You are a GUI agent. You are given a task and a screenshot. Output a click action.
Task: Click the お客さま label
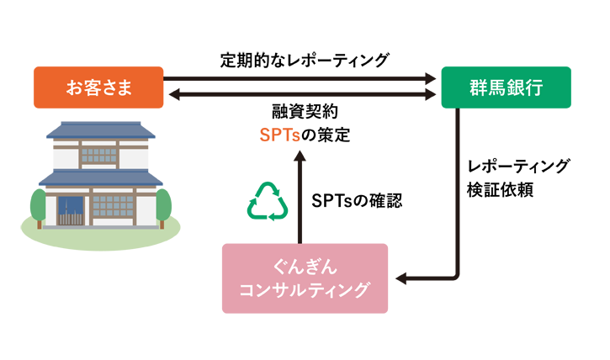[x=99, y=87]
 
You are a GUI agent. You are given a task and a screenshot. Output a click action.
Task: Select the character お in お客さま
[x=74, y=87]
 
